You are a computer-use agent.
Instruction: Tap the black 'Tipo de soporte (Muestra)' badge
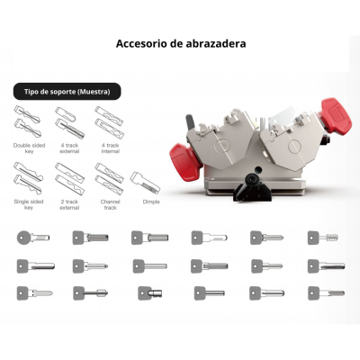pos(67,92)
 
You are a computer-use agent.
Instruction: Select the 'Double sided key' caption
pos(29,148)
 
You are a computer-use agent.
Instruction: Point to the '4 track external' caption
pos(69,148)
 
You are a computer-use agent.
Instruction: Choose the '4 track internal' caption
pos(111,148)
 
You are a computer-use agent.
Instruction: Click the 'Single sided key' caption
pos(29,204)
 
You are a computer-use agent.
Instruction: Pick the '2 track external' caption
pos(69,204)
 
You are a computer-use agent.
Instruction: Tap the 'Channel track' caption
pos(110,204)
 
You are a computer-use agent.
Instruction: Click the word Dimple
pos(151,202)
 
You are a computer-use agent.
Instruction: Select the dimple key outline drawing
pos(145,183)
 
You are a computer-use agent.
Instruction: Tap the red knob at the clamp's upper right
pos(335,117)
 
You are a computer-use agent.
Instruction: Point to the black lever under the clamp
pos(252,188)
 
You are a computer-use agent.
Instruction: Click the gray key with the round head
pos(33,238)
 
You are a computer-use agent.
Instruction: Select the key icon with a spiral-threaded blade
pos(323,238)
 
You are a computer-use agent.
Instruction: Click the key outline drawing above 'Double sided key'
pos(27,121)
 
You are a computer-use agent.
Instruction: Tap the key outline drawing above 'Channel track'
pos(109,179)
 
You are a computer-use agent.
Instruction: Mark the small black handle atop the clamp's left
pos(191,122)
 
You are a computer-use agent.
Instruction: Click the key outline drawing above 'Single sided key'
pos(28,178)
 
